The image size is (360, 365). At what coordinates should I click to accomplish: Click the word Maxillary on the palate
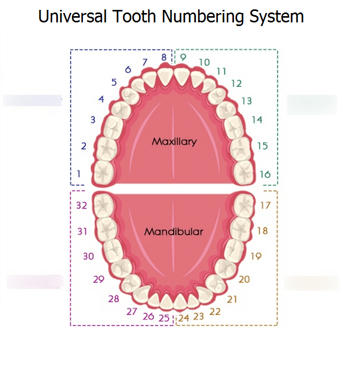175,141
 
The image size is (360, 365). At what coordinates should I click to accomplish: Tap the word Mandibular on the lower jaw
173,232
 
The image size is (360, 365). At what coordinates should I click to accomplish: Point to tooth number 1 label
79,173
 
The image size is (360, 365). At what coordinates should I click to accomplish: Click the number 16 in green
265,174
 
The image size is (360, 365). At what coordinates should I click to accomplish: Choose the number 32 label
81,205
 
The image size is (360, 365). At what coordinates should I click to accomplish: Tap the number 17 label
265,205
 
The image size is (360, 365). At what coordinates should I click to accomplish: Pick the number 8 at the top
164,57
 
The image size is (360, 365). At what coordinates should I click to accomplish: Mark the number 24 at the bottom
184,317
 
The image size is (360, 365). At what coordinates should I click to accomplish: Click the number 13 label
246,101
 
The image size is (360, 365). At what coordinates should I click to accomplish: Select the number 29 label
98,280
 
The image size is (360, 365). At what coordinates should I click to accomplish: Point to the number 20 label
244,280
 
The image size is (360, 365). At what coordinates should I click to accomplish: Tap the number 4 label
101,99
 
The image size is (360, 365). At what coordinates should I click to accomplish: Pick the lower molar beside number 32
104,204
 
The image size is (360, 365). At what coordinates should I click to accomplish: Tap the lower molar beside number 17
243,204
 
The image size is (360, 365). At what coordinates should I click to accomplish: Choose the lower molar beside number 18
240,227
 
